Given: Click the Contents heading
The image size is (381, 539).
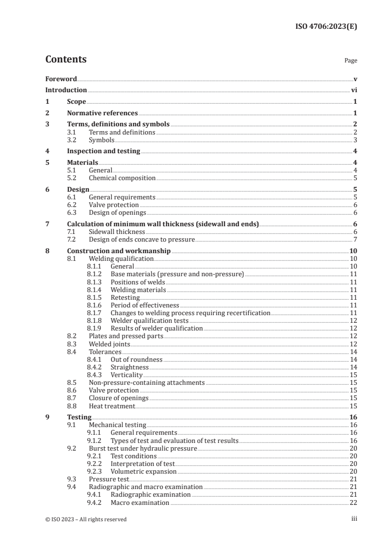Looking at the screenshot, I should click(x=66, y=60).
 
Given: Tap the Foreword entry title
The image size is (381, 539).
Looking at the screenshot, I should click(x=61, y=79).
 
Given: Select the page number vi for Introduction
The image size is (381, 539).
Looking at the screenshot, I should click(x=354, y=90).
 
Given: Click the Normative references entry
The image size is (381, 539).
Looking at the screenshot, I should click(x=102, y=113).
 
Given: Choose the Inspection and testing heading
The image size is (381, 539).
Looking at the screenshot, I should click(x=103, y=151).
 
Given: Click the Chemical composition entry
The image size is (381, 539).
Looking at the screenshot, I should click(x=122, y=178).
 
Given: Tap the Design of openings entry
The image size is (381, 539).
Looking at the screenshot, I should click(x=117, y=212).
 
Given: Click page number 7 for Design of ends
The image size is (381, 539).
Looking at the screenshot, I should click(x=355, y=239).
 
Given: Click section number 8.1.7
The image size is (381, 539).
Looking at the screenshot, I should click(x=95, y=313).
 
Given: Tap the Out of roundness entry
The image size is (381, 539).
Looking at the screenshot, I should click(x=136, y=359).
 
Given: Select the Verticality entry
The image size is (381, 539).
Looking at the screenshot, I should click(x=127, y=375).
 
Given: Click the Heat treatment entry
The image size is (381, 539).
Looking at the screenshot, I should click(x=112, y=406).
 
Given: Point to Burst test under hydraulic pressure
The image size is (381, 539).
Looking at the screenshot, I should click(x=143, y=448).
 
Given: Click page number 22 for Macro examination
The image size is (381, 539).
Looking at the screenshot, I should click(x=353, y=503).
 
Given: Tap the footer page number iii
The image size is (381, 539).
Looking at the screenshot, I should click(x=354, y=519).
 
